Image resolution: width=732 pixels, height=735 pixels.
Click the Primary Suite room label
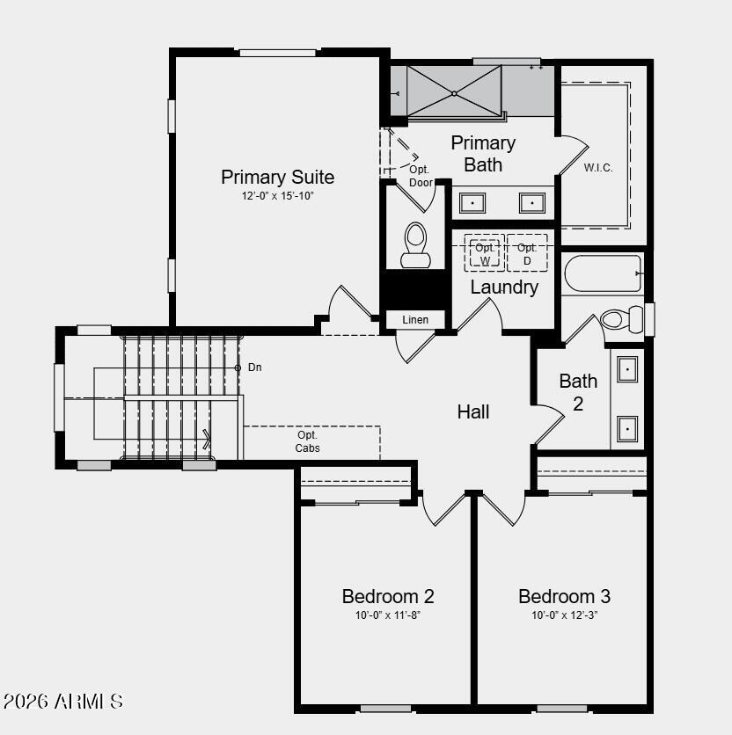[277, 177]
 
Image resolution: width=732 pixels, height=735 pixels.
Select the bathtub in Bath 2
[603, 273]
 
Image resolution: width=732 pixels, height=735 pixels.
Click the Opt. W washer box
[485, 253]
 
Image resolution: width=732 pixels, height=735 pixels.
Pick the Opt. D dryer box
[527, 253]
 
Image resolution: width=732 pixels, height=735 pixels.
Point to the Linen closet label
[415, 319]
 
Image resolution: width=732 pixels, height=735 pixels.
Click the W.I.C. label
[598, 168]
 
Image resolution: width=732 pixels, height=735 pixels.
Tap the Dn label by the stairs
[254, 367]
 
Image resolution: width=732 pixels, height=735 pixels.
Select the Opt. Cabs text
[307, 441]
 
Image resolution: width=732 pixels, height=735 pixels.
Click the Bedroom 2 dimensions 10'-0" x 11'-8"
[387, 615]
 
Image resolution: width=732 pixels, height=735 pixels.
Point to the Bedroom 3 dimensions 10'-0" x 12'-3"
[564, 615]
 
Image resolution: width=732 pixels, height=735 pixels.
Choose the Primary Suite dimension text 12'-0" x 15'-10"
[277, 196]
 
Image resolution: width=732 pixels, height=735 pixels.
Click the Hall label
[473, 411]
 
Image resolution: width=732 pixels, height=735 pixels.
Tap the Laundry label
[504, 287]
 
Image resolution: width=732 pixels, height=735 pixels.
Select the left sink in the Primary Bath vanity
[473, 203]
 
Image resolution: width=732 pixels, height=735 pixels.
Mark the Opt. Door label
[421, 176]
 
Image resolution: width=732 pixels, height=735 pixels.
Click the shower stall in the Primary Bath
[454, 91]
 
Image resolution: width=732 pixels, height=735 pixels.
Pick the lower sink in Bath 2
[627, 428]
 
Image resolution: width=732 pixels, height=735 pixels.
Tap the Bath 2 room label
[578, 392]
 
